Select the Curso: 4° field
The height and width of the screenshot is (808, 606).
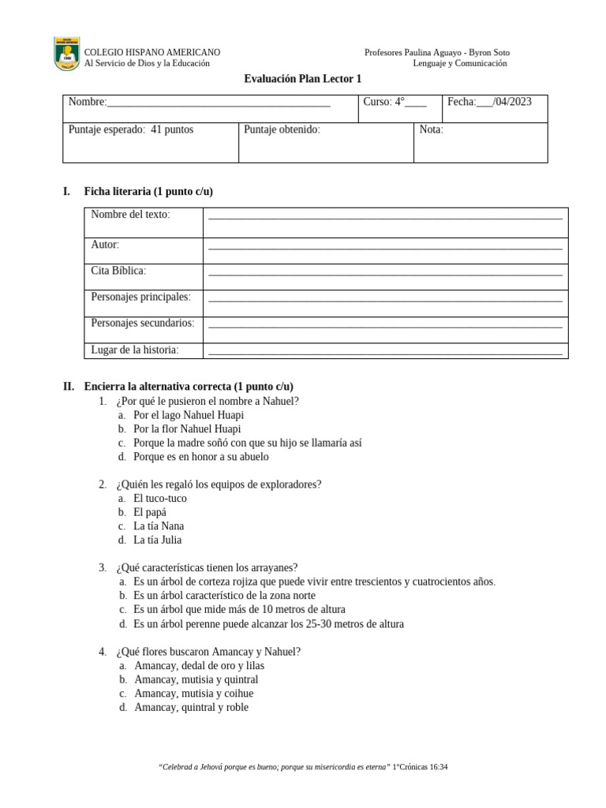click(x=395, y=102)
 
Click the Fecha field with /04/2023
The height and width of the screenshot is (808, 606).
click(x=489, y=102)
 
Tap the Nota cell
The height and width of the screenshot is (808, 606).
click(x=432, y=129)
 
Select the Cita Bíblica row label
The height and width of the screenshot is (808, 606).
click(x=118, y=271)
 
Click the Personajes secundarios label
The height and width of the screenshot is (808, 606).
click(x=143, y=323)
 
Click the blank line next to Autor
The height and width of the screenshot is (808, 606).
click(x=384, y=247)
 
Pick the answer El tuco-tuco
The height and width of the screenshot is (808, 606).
click(x=160, y=498)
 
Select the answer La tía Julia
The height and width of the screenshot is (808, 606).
click(x=157, y=540)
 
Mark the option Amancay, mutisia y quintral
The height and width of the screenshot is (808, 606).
click(x=196, y=679)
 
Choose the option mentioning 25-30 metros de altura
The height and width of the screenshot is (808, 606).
click(x=268, y=623)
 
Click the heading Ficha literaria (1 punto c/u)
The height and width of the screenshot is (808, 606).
click(x=148, y=192)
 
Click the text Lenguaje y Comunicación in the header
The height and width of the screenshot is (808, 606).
click(x=460, y=63)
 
